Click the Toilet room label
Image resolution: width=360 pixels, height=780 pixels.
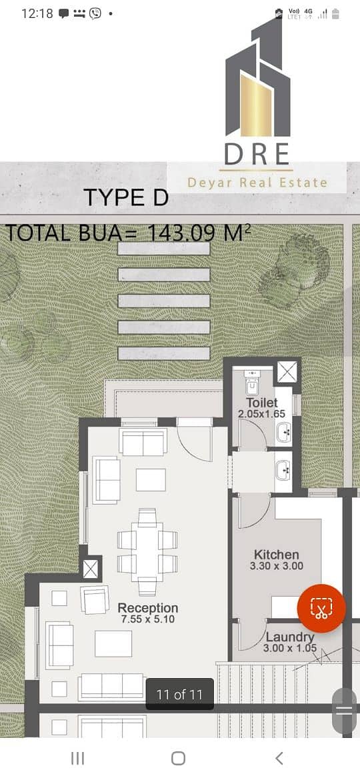[x=261, y=403]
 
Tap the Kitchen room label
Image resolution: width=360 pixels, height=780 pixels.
[x=277, y=555]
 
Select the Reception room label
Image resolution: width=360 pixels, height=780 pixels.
[x=148, y=608]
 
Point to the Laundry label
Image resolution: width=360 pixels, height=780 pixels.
[x=290, y=637]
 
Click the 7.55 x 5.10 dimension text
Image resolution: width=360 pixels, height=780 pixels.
[x=148, y=619]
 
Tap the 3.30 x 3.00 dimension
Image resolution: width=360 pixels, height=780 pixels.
[x=277, y=566]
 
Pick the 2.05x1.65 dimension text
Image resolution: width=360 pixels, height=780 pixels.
[x=261, y=414]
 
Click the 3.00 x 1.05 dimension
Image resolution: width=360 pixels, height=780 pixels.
[x=290, y=648]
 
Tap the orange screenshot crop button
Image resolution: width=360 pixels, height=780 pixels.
[x=321, y=609]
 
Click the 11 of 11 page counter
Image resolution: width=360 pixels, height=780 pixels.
[x=179, y=695]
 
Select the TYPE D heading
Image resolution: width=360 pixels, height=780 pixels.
[x=126, y=197]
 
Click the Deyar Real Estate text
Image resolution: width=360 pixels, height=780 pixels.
[x=257, y=183]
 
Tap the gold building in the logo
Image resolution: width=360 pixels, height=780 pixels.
[x=255, y=105]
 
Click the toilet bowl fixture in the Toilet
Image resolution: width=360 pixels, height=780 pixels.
[x=252, y=381]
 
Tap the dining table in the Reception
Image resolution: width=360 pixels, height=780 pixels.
[x=147, y=552]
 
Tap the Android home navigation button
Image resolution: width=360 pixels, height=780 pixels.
[x=178, y=758]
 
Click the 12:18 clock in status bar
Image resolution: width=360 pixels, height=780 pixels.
[x=37, y=13]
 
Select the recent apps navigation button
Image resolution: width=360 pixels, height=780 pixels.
[x=77, y=758]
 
